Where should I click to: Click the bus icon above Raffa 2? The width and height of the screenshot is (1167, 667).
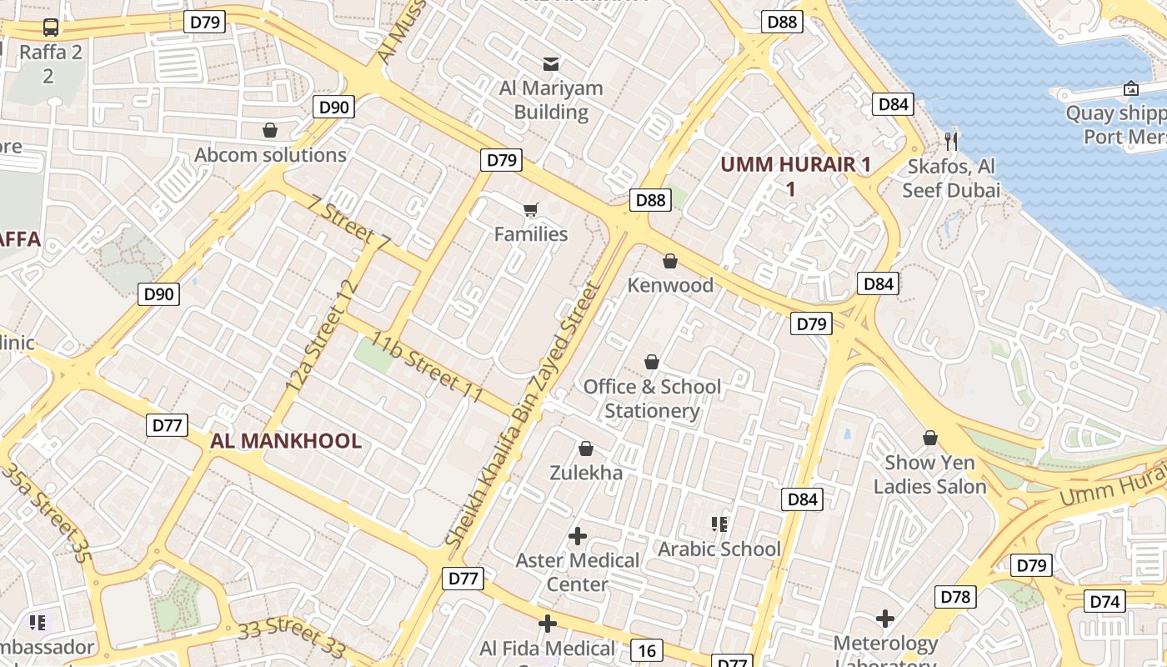pyautogui.click(x=51, y=28)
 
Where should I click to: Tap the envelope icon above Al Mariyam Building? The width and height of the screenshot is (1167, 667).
pyautogui.click(x=551, y=63)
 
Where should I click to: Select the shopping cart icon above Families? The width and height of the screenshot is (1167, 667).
pyautogui.click(x=530, y=209)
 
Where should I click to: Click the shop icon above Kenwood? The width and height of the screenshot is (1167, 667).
pyautogui.click(x=670, y=261)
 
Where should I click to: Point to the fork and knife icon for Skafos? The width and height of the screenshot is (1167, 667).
pyautogui.click(x=951, y=141)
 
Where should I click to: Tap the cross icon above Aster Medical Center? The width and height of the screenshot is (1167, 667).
pyautogui.click(x=577, y=535)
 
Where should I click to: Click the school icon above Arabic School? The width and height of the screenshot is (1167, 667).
pyautogui.click(x=719, y=524)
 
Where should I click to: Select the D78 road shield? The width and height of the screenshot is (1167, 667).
pyautogui.click(x=955, y=597)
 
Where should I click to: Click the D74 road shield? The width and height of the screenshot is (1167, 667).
pyautogui.click(x=1106, y=601)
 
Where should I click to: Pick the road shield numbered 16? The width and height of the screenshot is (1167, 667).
pyautogui.click(x=646, y=649)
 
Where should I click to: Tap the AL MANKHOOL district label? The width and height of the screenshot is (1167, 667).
pyautogui.click(x=286, y=441)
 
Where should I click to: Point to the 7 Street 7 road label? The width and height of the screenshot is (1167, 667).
pyautogui.click(x=348, y=223)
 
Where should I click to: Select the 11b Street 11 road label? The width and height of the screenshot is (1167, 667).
pyautogui.click(x=428, y=368)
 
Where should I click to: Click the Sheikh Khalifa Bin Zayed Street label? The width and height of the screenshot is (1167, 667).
pyautogui.click(x=522, y=415)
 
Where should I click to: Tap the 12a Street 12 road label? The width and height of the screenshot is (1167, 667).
pyautogui.click(x=322, y=336)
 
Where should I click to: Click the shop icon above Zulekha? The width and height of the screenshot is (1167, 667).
pyautogui.click(x=586, y=449)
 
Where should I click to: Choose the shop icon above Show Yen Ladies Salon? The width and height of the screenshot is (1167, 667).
pyautogui.click(x=930, y=438)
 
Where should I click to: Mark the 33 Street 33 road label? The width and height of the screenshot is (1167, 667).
pyautogui.click(x=291, y=638)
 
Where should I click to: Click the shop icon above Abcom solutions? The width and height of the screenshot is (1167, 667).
pyautogui.click(x=270, y=130)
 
